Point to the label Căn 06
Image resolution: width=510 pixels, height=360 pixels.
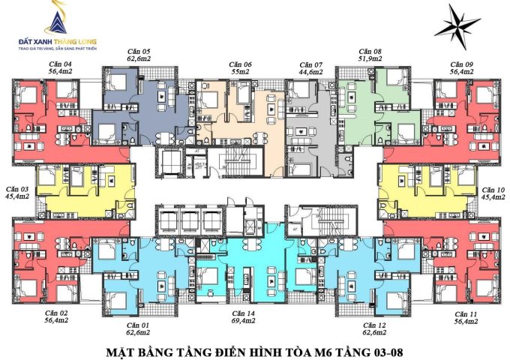pos(241,64)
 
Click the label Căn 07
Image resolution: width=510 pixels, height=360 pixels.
pos(310,64)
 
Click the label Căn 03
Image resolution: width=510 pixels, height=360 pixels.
pos(18,189)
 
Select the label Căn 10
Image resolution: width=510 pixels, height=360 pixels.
pos(491,189)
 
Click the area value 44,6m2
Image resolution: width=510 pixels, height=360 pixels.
pos(310,73)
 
